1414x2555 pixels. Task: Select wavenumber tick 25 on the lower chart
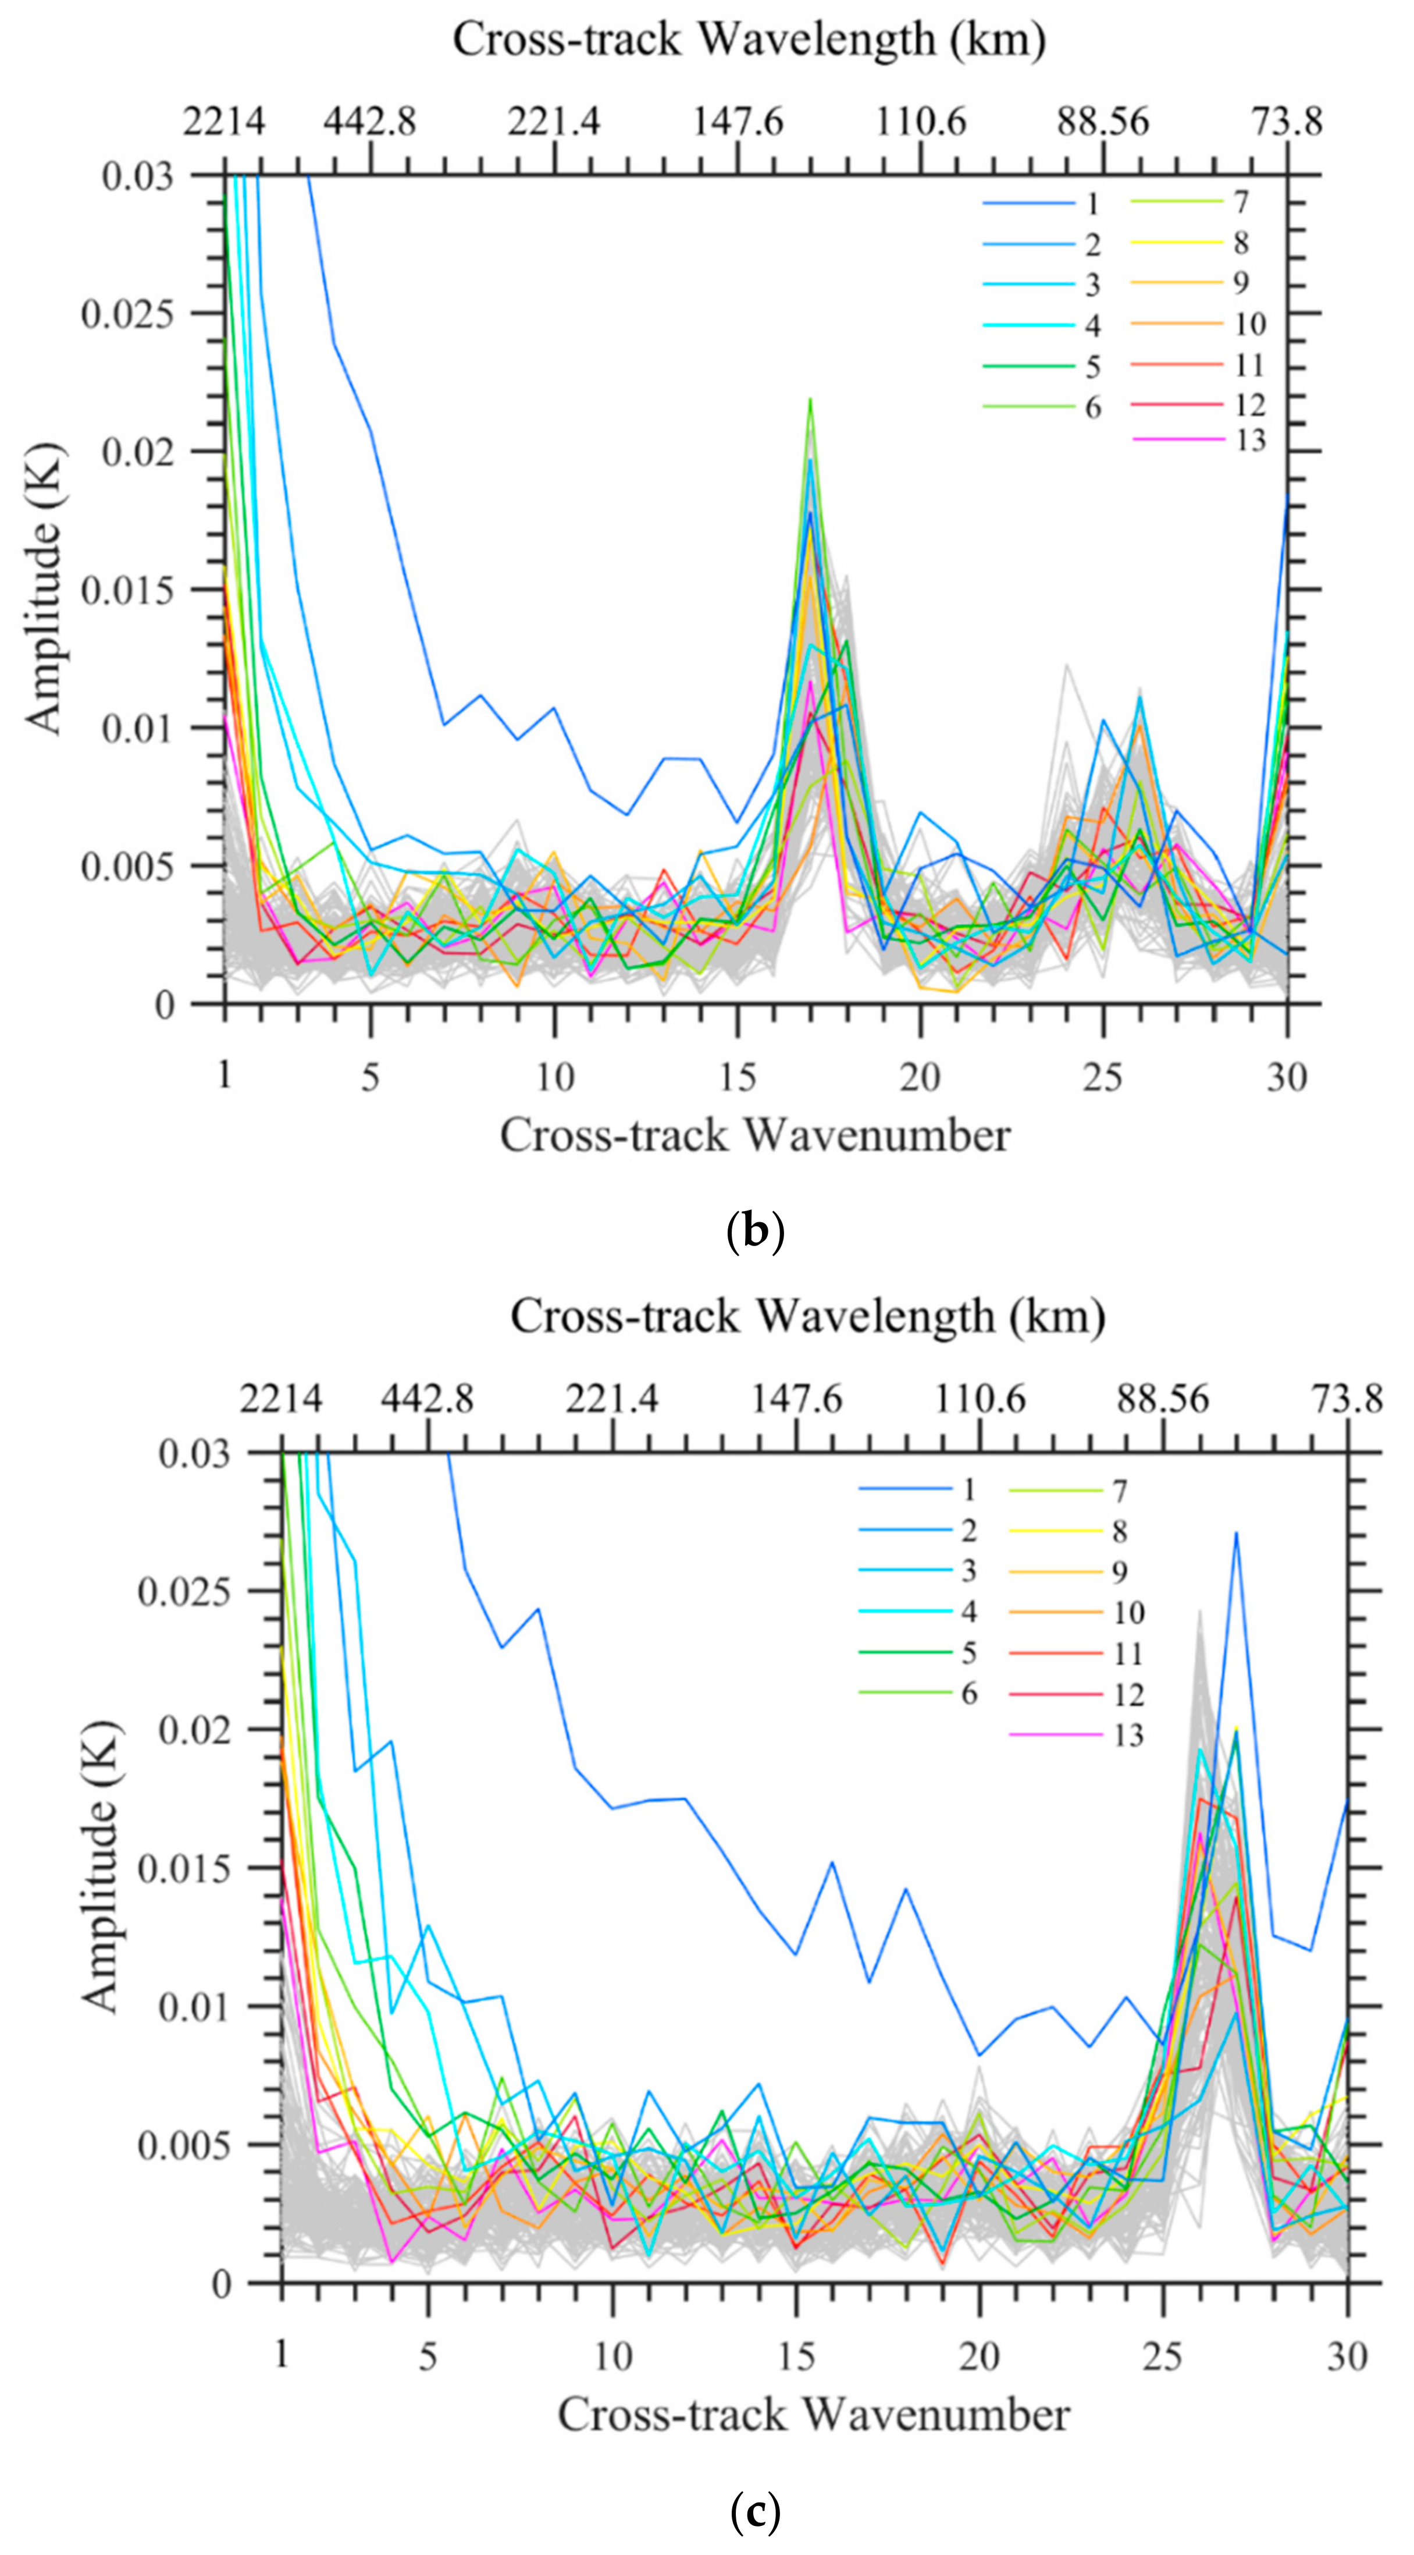[x=1162, y=2355]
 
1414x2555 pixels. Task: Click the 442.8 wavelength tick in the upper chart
[x=370, y=122]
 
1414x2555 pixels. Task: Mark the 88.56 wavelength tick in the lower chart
[x=1162, y=1400]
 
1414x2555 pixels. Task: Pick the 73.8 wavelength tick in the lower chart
[x=1347, y=1400]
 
